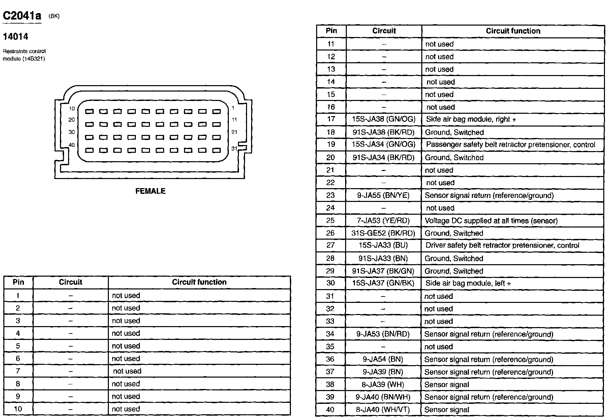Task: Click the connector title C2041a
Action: (x=22, y=16)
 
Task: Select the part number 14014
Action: (x=16, y=37)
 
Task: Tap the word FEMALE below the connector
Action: (x=150, y=191)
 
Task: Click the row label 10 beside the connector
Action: (x=72, y=109)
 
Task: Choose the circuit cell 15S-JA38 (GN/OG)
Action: (x=384, y=119)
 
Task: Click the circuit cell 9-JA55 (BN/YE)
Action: (x=384, y=195)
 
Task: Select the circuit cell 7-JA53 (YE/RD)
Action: (x=384, y=221)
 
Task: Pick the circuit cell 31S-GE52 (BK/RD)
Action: (x=384, y=233)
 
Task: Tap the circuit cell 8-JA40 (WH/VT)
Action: (x=384, y=410)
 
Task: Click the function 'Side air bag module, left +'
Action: (x=468, y=283)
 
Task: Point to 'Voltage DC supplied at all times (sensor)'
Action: (x=491, y=221)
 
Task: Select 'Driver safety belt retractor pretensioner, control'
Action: (x=502, y=245)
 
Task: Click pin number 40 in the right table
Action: (x=330, y=410)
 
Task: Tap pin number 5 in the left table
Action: (x=18, y=346)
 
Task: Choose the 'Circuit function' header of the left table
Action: (x=199, y=282)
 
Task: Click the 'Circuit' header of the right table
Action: (x=384, y=31)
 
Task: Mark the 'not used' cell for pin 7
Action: (x=127, y=371)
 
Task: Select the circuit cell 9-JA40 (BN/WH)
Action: (x=384, y=397)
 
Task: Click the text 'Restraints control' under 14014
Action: (x=24, y=51)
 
